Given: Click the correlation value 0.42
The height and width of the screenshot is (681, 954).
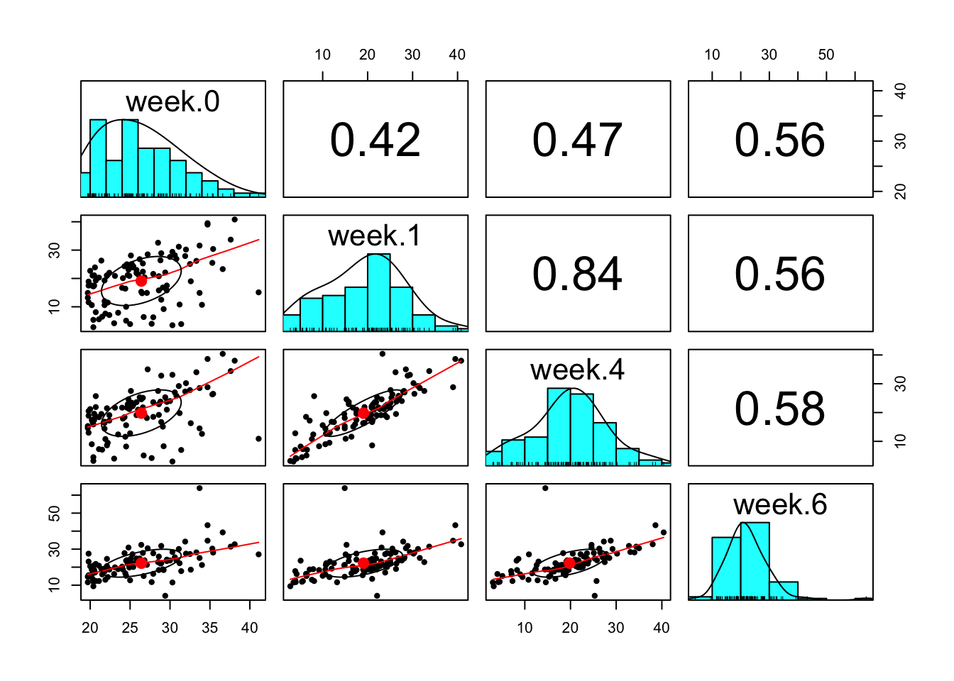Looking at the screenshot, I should click(x=375, y=140).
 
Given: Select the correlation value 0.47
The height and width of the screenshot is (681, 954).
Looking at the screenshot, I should click(x=577, y=140).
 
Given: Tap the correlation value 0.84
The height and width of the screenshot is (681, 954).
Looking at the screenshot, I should click(x=577, y=274).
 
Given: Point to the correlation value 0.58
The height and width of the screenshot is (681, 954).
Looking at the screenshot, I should click(x=779, y=409).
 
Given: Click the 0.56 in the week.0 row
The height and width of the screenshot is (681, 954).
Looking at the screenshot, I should click(x=779, y=140).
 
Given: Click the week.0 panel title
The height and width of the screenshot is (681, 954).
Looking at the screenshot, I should click(x=172, y=102).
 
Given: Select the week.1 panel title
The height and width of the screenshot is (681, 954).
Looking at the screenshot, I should click(x=375, y=236).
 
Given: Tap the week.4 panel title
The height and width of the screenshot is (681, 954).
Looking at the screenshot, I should click(x=577, y=370).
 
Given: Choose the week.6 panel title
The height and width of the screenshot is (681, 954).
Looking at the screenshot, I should click(x=779, y=504).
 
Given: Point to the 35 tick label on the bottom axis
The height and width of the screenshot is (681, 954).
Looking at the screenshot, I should click(x=209, y=628).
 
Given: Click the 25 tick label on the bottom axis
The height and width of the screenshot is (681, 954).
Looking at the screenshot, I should click(x=130, y=628).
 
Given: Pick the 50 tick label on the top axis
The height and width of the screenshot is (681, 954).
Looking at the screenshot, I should click(x=826, y=55).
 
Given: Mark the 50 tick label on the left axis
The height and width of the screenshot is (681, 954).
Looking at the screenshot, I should click(x=55, y=513).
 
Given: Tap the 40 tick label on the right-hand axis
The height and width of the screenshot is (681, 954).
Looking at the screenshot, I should click(x=900, y=91).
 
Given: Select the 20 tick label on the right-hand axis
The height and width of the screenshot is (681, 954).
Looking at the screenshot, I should click(x=900, y=192).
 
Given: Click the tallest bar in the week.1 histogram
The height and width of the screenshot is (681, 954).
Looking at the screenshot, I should click(x=379, y=292).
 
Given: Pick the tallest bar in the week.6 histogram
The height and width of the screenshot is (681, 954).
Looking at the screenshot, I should click(x=755, y=561).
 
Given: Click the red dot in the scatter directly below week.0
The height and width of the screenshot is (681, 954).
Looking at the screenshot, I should click(x=141, y=281).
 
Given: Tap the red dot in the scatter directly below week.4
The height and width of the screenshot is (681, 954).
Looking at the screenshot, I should click(x=569, y=563).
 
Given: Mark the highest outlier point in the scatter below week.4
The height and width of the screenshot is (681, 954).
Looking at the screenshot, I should click(x=545, y=488).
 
